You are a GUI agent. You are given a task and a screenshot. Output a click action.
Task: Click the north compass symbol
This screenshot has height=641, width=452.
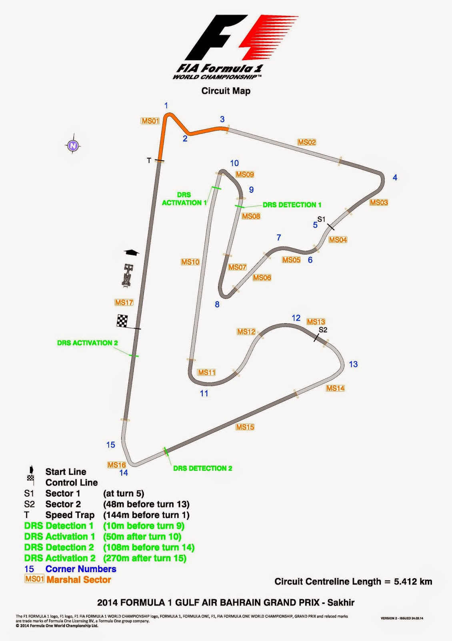point(73,146)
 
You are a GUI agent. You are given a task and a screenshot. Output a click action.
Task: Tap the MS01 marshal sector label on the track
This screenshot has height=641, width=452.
point(150,121)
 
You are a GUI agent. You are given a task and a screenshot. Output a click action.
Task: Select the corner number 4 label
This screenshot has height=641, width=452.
point(395,177)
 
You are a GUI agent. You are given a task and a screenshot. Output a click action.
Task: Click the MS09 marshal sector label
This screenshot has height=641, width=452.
point(245,175)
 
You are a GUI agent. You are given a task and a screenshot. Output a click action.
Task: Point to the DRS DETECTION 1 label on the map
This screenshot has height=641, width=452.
point(292,205)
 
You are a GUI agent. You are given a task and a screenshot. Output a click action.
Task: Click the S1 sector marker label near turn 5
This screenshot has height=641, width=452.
point(322,219)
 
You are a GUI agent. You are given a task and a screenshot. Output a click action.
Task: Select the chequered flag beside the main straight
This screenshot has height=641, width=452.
point(122,321)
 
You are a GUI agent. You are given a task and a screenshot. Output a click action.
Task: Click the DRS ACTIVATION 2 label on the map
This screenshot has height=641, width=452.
point(88,343)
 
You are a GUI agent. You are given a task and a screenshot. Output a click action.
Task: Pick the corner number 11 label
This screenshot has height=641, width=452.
point(204,393)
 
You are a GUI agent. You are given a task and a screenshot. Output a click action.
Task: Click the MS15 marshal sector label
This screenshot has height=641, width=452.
point(245,427)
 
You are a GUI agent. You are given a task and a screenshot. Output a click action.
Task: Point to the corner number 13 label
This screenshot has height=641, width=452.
point(353,364)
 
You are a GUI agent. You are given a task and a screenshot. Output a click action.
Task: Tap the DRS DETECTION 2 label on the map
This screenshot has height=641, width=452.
point(202,468)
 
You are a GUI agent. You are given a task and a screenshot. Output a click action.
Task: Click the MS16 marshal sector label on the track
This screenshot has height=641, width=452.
point(117,465)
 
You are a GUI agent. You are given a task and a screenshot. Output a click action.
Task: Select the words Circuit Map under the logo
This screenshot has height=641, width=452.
point(226,91)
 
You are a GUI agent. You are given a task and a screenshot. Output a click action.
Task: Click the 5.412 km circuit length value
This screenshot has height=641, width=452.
point(413,582)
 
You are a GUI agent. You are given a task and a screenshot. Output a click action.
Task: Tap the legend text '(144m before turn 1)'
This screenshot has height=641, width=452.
point(146,515)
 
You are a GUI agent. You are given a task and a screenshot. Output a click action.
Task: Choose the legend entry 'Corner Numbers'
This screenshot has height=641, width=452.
point(81,569)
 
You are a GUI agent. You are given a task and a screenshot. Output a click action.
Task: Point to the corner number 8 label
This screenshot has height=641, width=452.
point(217,304)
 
